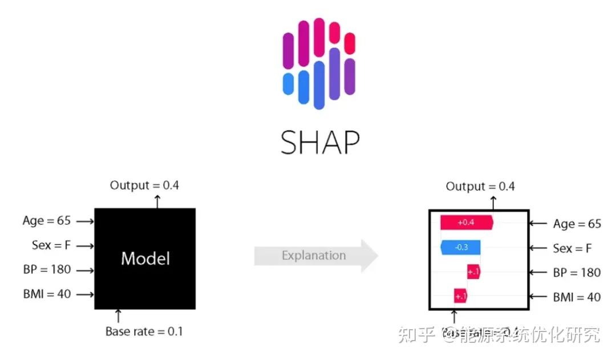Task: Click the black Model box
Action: pos(145,258)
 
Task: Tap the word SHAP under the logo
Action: pos(320,142)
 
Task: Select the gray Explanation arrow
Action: pos(315,256)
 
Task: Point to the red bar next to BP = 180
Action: pos(473,272)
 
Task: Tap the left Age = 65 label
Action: pos(46,221)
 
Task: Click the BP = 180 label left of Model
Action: pos(47,270)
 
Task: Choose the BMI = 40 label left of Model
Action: pos(46,294)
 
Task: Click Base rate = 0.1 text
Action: pos(144,331)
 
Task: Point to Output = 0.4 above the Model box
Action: pos(144,185)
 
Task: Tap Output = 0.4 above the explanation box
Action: pos(480,187)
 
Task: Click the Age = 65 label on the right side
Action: pos(577,224)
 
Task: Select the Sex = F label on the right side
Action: pos(572,248)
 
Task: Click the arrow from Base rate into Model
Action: pos(119,315)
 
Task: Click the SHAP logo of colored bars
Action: pos(319,63)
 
